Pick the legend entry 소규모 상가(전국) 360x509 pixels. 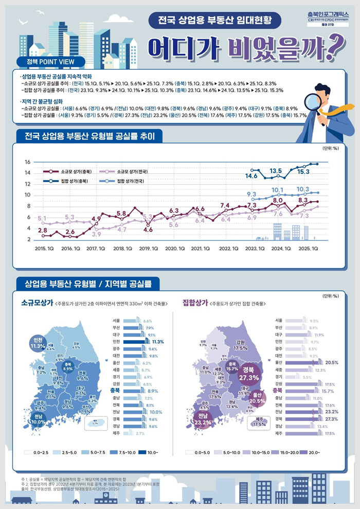[126, 170]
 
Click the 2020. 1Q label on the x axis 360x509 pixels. [175, 248]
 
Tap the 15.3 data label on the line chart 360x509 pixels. [303, 171]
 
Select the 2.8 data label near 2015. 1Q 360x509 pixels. [43, 230]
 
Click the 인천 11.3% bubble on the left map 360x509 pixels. [38, 343]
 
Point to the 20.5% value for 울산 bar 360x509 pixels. [332, 363]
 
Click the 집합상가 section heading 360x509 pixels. [195, 303]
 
